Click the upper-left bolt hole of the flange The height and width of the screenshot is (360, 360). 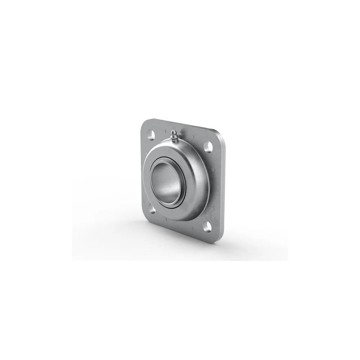pyautogui.click(x=151, y=135)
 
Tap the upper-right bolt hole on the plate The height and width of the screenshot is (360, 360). pyautogui.click(x=208, y=147)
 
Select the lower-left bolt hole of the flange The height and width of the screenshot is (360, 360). pyautogui.click(x=152, y=210)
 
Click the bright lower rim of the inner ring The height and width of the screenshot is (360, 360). pyautogui.click(x=169, y=206)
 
